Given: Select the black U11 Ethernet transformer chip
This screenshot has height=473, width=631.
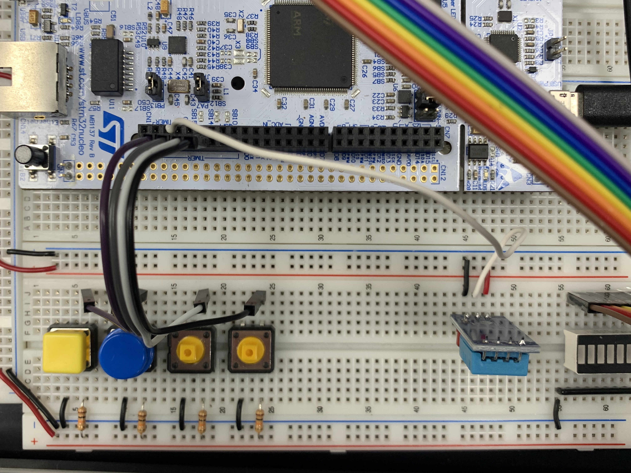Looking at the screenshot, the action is [x=107, y=67].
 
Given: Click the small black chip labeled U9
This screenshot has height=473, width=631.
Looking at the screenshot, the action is [x=177, y=45].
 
